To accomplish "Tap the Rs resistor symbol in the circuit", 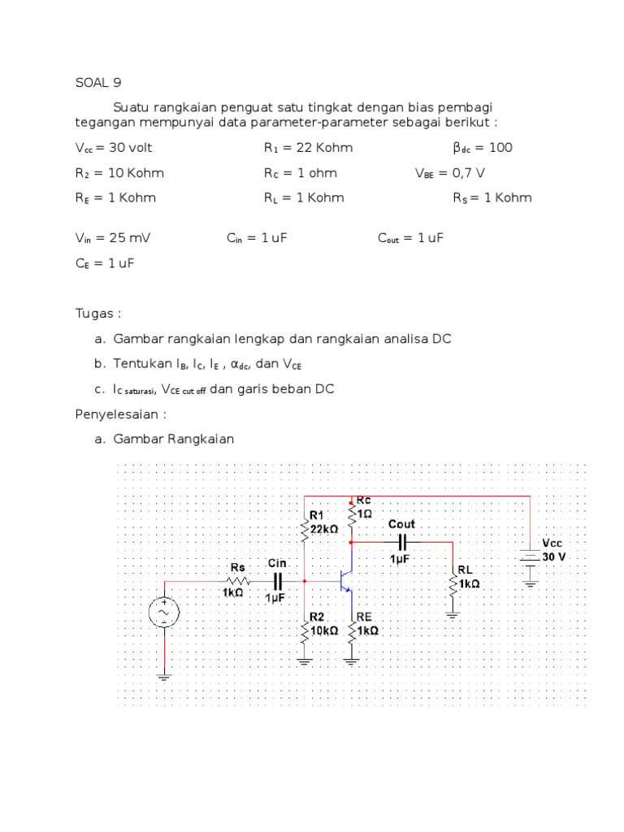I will pyautogui.click(x=237, y=582).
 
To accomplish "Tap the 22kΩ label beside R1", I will pyautogui.click(x=324, y=528).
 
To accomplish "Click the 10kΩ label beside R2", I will pyautogui.click(x=324, y=630).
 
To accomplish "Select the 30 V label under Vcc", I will pyautogui.click(x=556, y=557).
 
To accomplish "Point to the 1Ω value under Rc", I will pyautogui.click(x=366, y=513).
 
